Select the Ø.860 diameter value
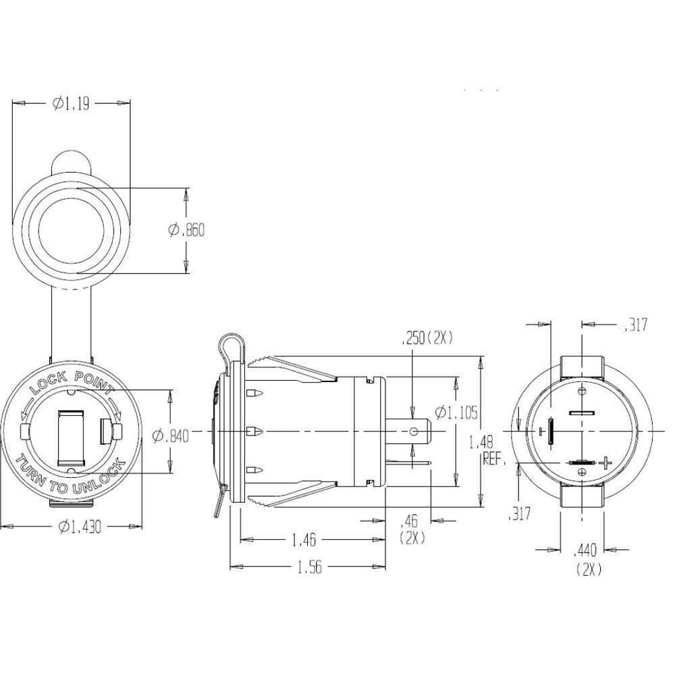click(x=186, y=230)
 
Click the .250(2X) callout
click(x=426, y=338)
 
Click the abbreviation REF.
click(x=495, y=460)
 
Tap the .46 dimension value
click(x=409, y=520)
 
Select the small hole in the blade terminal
click(x=413, y=430)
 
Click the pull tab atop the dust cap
click(x=70, y=160)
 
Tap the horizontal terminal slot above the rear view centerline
click(x=580, y=412)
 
